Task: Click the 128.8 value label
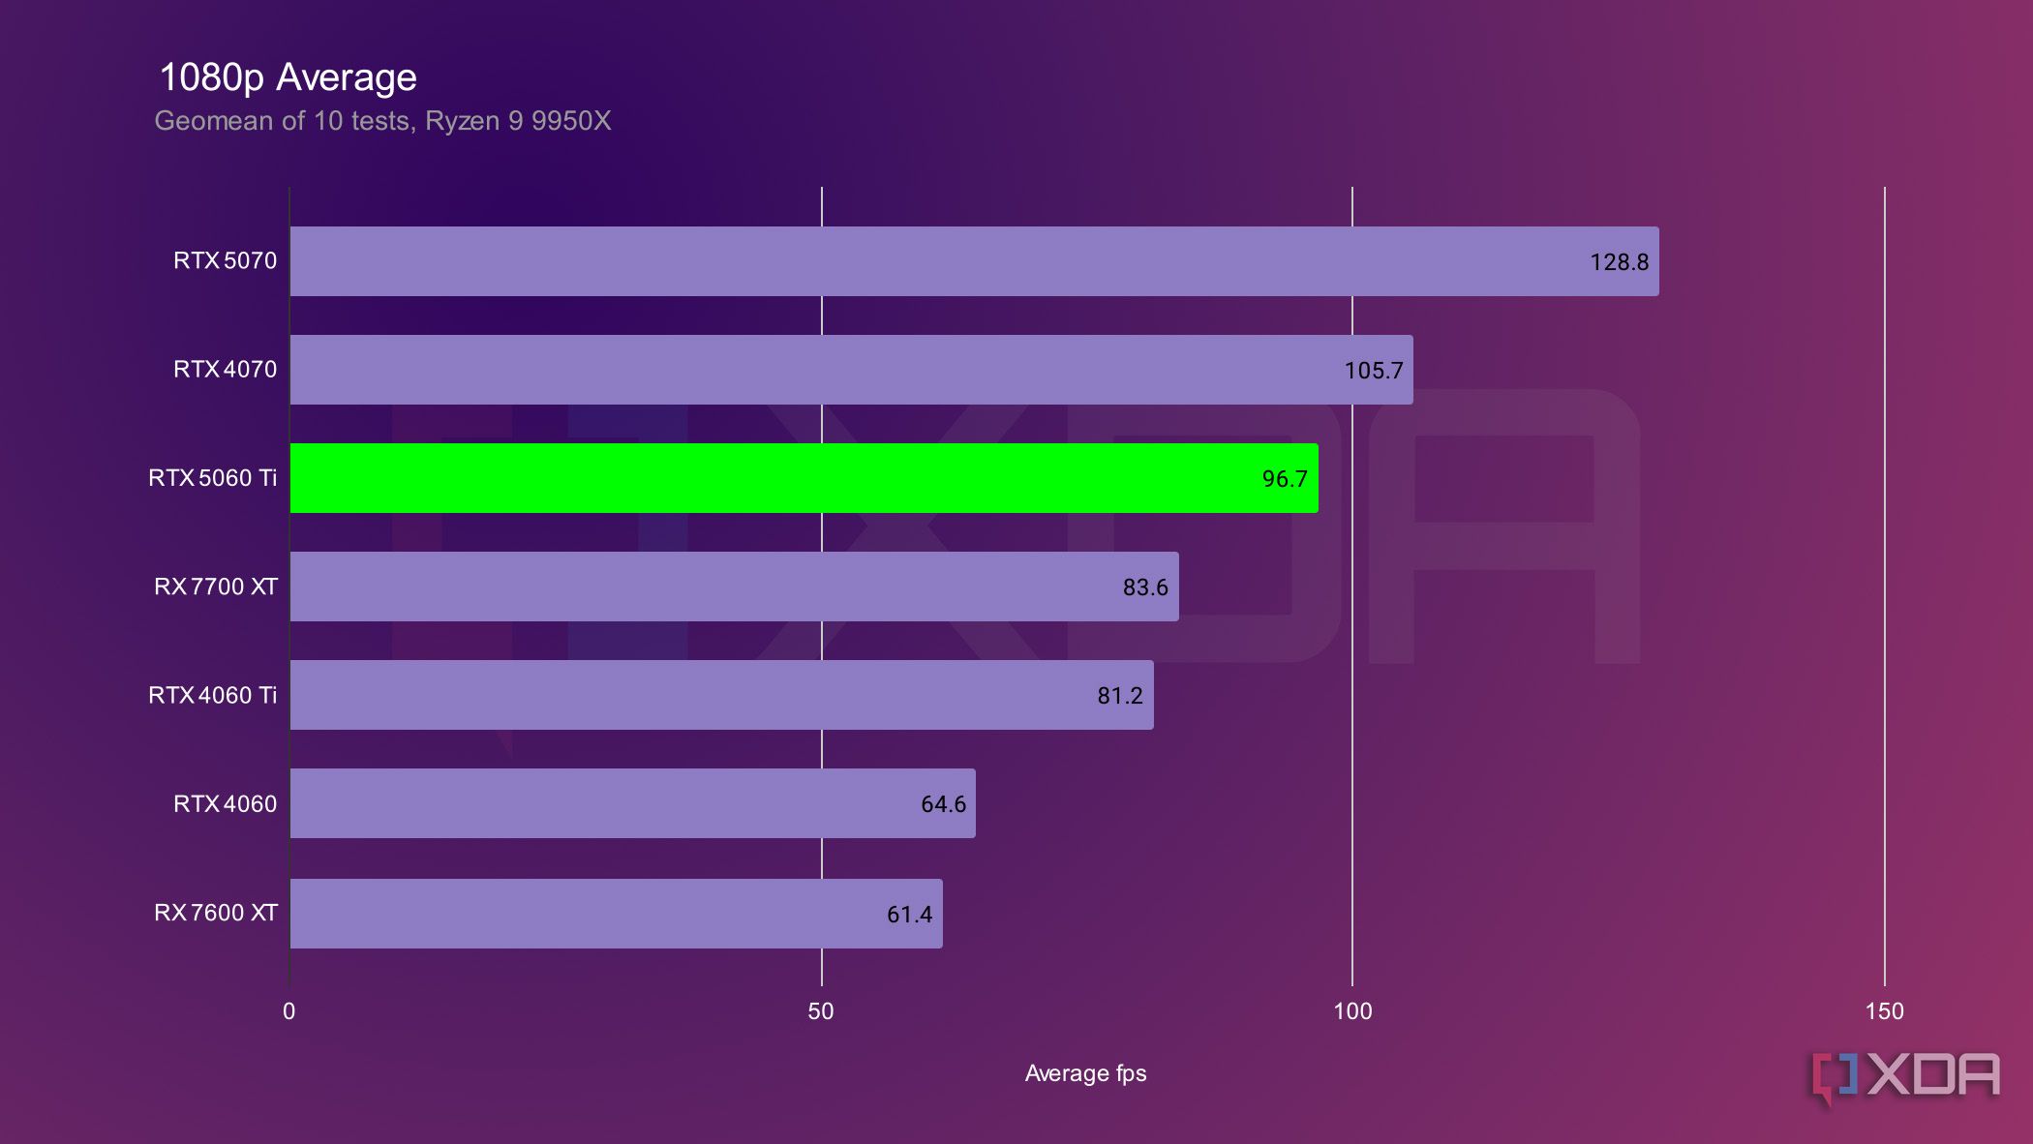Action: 1619,262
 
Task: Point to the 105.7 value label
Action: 1373,371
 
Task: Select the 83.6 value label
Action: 1144,587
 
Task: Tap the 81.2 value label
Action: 1119,696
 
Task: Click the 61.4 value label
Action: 909,915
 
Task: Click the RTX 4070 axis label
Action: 225,370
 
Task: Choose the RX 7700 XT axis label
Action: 215,587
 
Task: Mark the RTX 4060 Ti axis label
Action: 212,695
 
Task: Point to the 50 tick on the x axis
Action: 820,1011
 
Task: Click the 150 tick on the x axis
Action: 1884,1011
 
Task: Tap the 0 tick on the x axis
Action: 288,1011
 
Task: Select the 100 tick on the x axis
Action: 1352,1011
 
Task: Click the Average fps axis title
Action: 1085,1073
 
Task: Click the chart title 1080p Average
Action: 288,77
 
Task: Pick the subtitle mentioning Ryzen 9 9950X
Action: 382,121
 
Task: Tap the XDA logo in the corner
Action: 1905,1076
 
